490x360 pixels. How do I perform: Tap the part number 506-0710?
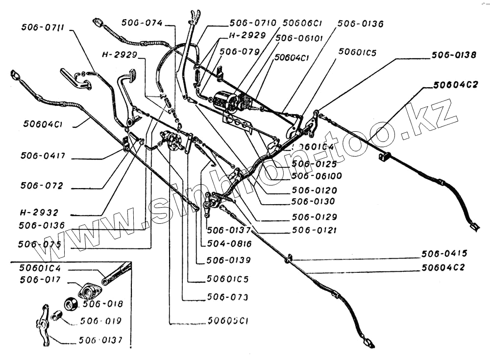253,23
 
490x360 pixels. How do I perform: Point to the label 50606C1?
303,23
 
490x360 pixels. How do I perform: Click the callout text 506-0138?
453,55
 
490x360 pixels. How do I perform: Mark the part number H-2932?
39,213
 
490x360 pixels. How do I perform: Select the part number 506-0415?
444,253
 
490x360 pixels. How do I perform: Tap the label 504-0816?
229,243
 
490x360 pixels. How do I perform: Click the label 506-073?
227,297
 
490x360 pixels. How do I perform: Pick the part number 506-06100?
316,176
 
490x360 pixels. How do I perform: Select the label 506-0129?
314,216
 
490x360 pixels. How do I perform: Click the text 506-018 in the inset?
103,304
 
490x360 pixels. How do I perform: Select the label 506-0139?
228,260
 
